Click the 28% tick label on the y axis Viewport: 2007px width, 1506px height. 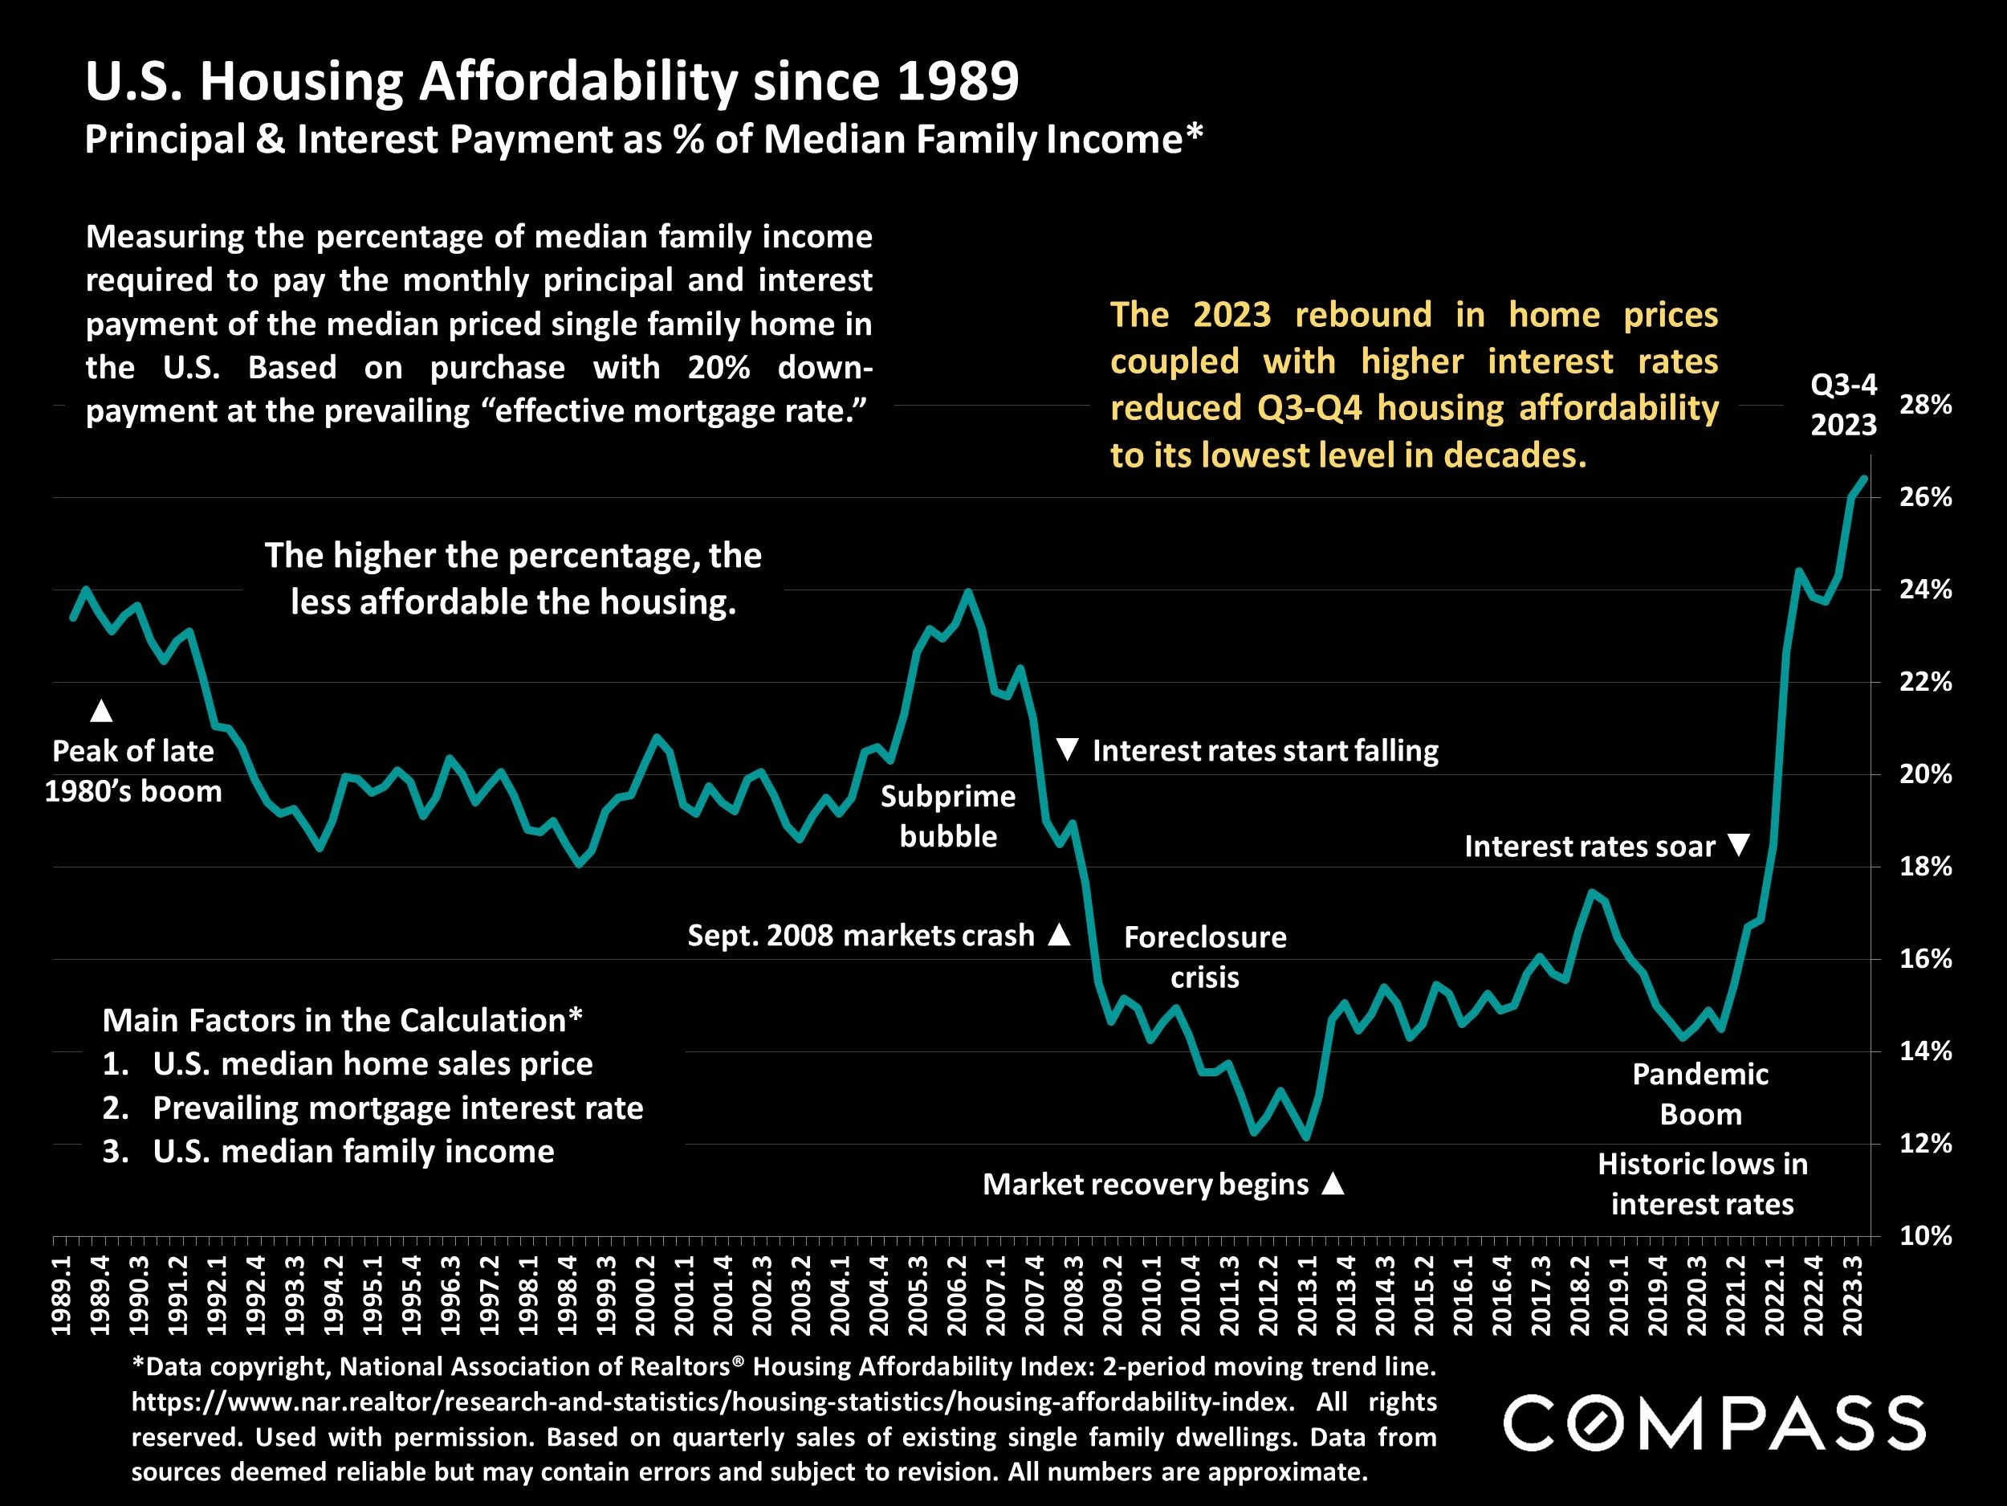[1925, 405]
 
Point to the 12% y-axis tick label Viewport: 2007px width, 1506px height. [1925, 1143]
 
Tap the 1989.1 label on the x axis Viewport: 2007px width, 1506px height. [62, 1296]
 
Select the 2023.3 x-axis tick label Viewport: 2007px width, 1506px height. [1853, 1296]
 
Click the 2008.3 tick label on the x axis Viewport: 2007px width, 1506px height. [1074, 1296]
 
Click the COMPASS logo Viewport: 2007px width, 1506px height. [1714, 1422]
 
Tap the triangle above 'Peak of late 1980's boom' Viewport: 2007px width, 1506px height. [102, 711]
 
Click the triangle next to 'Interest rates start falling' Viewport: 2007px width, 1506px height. [1068, 750]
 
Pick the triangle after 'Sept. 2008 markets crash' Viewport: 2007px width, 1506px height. [1059, 934]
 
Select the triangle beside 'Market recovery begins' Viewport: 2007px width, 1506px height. [1332, 1183]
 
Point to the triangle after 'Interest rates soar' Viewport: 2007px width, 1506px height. [1737, 845]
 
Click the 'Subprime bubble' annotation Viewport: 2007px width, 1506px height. [948, 816]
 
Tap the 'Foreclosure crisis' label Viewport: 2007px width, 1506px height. [1205, 957]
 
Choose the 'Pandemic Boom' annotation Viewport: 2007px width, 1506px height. [1700, 1094]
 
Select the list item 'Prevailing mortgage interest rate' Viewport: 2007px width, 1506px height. [397, 1108]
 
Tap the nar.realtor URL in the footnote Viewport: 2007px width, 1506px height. [713, 1402]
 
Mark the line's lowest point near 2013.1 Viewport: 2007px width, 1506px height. [1305, 1137]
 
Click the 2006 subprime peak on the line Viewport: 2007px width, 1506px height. [967, 592]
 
